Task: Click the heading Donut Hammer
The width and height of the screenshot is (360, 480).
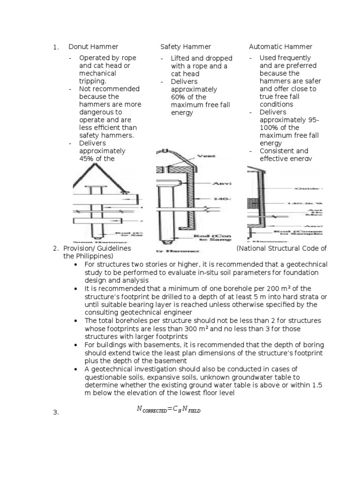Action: click(x=93, y=47)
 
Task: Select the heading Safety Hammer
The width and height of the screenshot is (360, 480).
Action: click(x=186, y=47)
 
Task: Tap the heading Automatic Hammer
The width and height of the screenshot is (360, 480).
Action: click(x=280, y=47)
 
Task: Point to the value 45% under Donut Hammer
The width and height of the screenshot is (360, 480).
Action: click(x=87, y=159)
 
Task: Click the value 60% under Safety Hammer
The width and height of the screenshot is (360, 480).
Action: click(x=179, y=97)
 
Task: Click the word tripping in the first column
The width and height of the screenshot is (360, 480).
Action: click(x=92, y=81)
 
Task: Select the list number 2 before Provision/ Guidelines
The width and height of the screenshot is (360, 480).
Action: click(x=55, y=248)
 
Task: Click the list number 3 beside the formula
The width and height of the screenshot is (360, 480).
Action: click(x=55, y=412)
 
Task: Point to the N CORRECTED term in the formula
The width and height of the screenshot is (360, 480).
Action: click(x=151, y=409)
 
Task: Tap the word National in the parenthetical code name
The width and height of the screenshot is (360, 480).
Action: click(x=253, y=248)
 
